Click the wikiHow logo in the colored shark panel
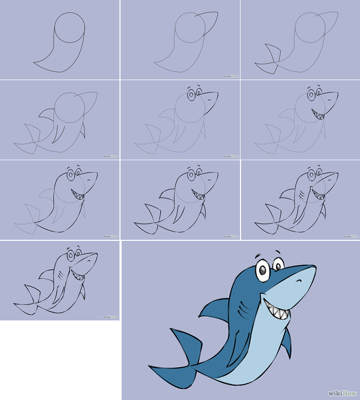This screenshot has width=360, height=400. [x=342, y=393]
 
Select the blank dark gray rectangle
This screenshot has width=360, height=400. [x=60, y=360]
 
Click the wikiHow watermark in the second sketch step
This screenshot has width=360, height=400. [x=232, y=76]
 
